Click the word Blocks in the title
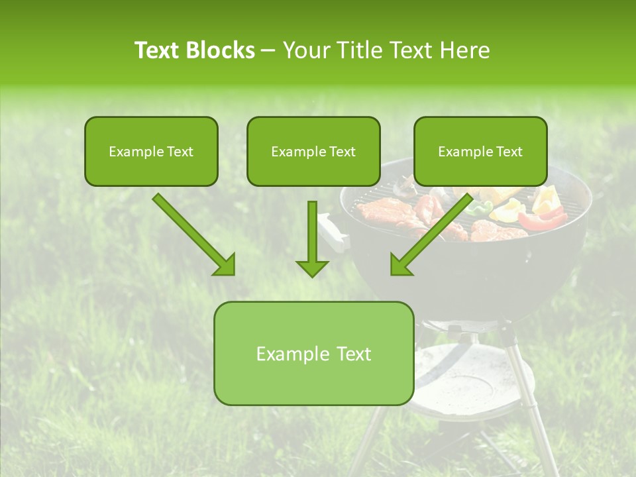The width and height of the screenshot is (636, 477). tap(222, 50)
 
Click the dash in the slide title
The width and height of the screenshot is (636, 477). tap(268, 50)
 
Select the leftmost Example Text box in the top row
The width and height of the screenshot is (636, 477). tap(151, 151)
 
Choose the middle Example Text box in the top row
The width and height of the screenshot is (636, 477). tap(313, 151)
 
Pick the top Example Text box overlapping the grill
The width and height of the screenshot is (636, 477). tap(480, 151)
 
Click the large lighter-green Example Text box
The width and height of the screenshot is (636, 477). tap(313, 353)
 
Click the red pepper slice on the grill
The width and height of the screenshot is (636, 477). tap(542, 219)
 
